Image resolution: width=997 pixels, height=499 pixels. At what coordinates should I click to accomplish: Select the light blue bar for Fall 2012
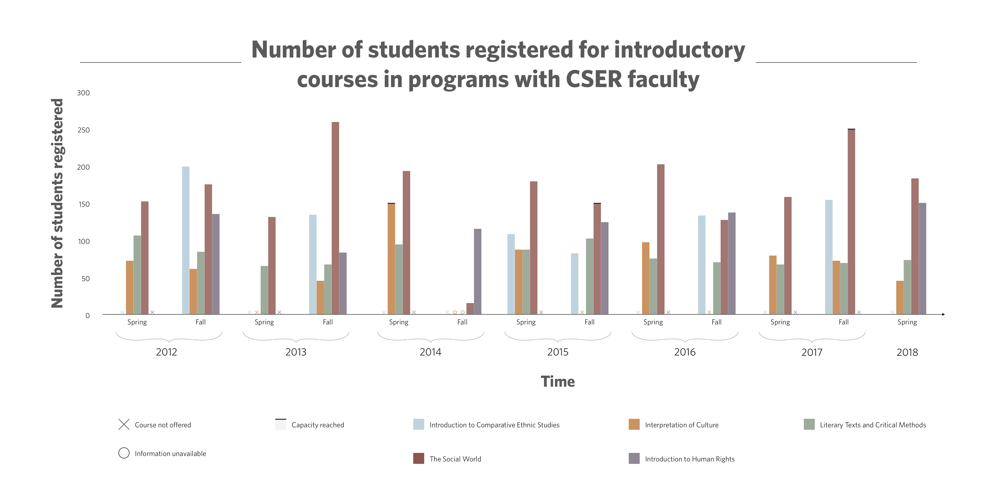(186, 240)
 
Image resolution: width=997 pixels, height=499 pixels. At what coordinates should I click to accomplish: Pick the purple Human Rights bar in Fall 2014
(478, 271)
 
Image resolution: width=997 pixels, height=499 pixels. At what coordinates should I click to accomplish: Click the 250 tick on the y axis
(84, 130)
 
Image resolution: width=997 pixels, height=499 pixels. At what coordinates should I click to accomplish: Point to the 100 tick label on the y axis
(84, 241)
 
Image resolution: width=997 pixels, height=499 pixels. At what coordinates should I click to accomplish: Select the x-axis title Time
(558, 382)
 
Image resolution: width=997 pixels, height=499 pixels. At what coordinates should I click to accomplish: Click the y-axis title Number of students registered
(57, 203)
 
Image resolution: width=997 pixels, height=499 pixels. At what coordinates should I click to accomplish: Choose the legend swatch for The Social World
(418, 459)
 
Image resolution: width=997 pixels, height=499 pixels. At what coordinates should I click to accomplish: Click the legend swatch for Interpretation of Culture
(634, 425)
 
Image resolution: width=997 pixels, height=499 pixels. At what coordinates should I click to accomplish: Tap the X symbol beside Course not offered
(124, 425)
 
